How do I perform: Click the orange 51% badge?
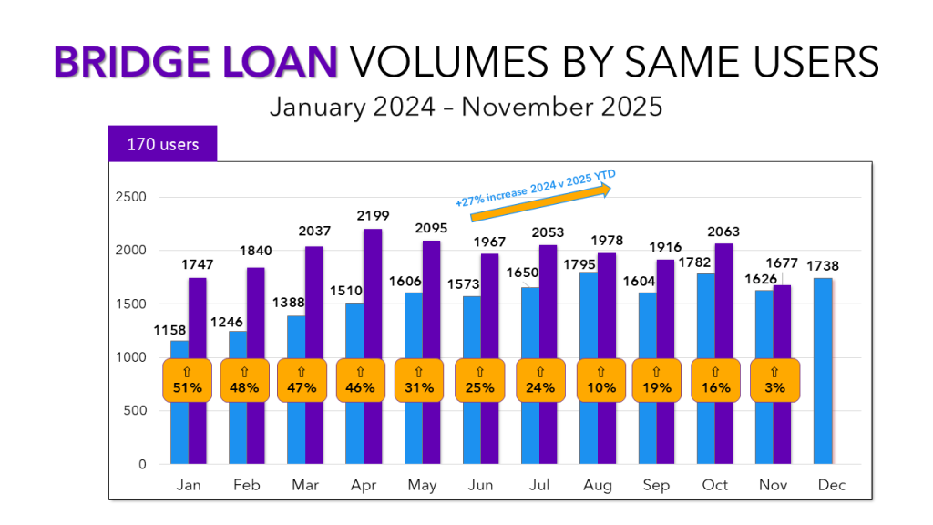[x=188, y=379]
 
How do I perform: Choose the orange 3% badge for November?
[x=774, y=379]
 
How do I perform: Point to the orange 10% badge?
[x=601, y=379]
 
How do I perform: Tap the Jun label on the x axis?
[x=481, y=485]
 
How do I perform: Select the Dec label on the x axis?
[x=832, y=485]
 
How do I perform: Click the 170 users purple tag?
[x=162, y=144]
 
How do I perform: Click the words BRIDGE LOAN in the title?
[x=196, y=63]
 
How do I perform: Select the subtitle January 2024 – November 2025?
[x=466, y=107]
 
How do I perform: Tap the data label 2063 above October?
[x=716, y=232]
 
